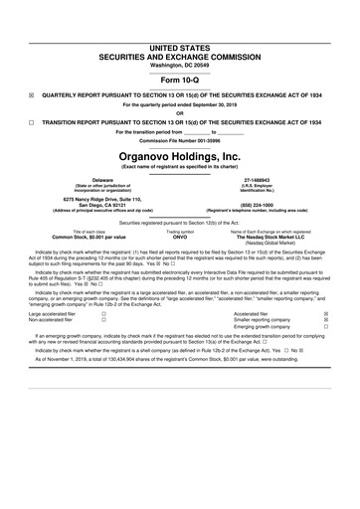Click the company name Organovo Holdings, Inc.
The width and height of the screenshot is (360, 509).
tap(179, 157)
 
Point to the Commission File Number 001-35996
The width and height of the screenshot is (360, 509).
tap(179, 142)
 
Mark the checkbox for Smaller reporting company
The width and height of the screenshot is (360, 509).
tap(325, 348)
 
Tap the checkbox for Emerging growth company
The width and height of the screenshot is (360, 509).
tap(325, 356)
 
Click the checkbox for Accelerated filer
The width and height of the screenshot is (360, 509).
tap(325, 341)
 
